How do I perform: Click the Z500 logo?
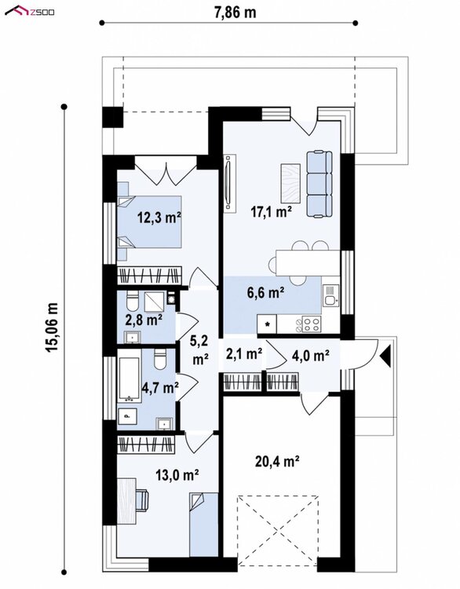click(29, 11)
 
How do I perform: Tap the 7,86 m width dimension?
click(235, 13)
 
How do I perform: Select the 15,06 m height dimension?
click(52, 327)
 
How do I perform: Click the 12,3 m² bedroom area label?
click(159, 218)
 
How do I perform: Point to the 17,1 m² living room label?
click(272, 212)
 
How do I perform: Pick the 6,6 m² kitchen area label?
click(265, 292)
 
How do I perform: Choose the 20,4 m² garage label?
click(277, 461)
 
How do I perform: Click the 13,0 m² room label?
click(177, 475)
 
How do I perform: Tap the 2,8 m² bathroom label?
click(144, 320)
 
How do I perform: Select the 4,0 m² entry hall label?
click(311, 355)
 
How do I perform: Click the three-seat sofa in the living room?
click(319, 184)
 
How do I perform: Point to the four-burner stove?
click(312, 324)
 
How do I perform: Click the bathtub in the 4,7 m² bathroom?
click(130, 379)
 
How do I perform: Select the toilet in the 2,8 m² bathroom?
click(133, 300)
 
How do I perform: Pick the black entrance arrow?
click(385, 356)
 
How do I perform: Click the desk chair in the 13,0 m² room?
click(141, 500)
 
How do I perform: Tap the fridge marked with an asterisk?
click(267, 324)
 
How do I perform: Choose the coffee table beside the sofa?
click(290, 183)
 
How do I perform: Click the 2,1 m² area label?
click(244, 353)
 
